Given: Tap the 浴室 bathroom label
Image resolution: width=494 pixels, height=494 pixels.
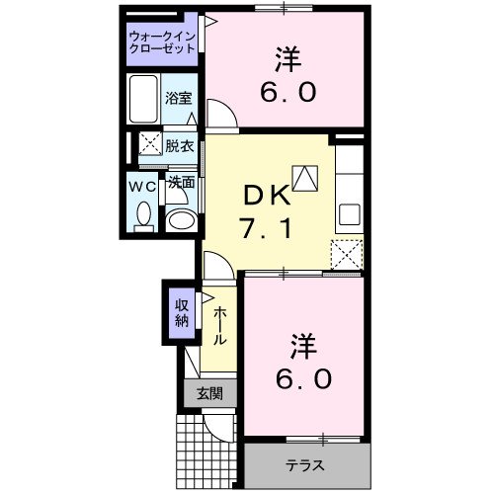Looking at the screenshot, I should click(179, 101).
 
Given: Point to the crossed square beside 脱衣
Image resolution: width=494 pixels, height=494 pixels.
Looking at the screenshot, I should click(149, 144).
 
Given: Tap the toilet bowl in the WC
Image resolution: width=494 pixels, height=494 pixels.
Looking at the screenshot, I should click(143, 213).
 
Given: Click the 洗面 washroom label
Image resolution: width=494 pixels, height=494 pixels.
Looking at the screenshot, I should click(180, 183).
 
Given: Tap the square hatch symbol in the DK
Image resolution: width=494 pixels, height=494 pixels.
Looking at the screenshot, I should click(307, 177).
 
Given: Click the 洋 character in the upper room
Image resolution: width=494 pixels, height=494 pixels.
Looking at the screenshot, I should click(288, 59).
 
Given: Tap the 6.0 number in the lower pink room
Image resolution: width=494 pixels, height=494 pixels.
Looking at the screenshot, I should click(304, 378).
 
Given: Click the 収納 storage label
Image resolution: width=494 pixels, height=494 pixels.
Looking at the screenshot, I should click(182, 312).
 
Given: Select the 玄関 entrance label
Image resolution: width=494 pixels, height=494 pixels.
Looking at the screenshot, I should click(209, 393).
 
